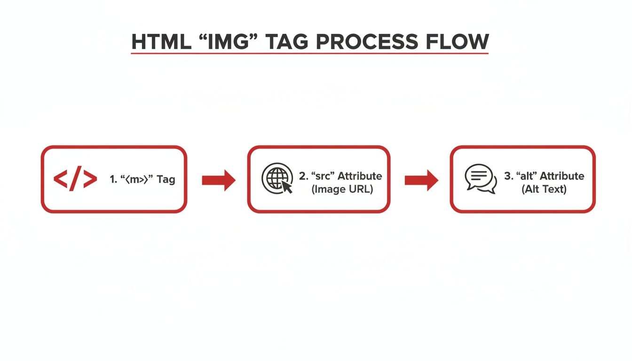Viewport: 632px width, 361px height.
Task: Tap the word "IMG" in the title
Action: (x=224, y=42)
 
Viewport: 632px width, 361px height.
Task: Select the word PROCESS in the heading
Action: (x=366, y=42)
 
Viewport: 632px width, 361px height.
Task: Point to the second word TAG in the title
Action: (x=287, y=42)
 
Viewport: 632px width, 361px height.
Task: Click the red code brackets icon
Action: (x=75, y=179)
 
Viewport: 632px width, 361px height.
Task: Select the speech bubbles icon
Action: (x=481, y=179)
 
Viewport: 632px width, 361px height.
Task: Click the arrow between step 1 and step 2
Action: (x=218, y=180)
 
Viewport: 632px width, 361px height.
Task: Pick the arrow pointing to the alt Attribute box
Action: (x=421, y=180)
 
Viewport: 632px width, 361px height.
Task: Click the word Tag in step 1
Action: (x=166, y=180)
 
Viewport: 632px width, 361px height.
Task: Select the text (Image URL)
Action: (x=340, y=189)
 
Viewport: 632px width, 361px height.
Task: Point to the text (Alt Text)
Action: (x=544, y=189)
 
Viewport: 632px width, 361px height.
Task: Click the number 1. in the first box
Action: (x=113, y=180)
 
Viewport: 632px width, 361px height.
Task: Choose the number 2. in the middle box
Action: (x=303, y=176)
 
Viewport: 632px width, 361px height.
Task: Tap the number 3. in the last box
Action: (x=508, y=176)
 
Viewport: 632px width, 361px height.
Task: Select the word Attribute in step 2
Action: (x=360, y=176)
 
